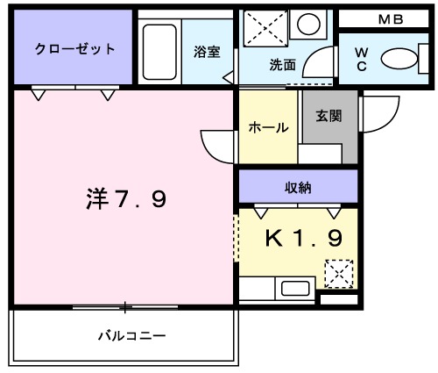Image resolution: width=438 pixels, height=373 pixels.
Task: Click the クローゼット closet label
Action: (x=74, y=49)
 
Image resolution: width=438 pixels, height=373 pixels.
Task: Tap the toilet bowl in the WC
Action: (x=402, y=60)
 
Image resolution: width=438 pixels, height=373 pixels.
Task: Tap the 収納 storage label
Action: (x=298, y=187)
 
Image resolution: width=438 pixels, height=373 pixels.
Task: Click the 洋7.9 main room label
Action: (x=126, y=200)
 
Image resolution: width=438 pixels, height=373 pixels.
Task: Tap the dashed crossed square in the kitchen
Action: (x=337, y=275)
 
